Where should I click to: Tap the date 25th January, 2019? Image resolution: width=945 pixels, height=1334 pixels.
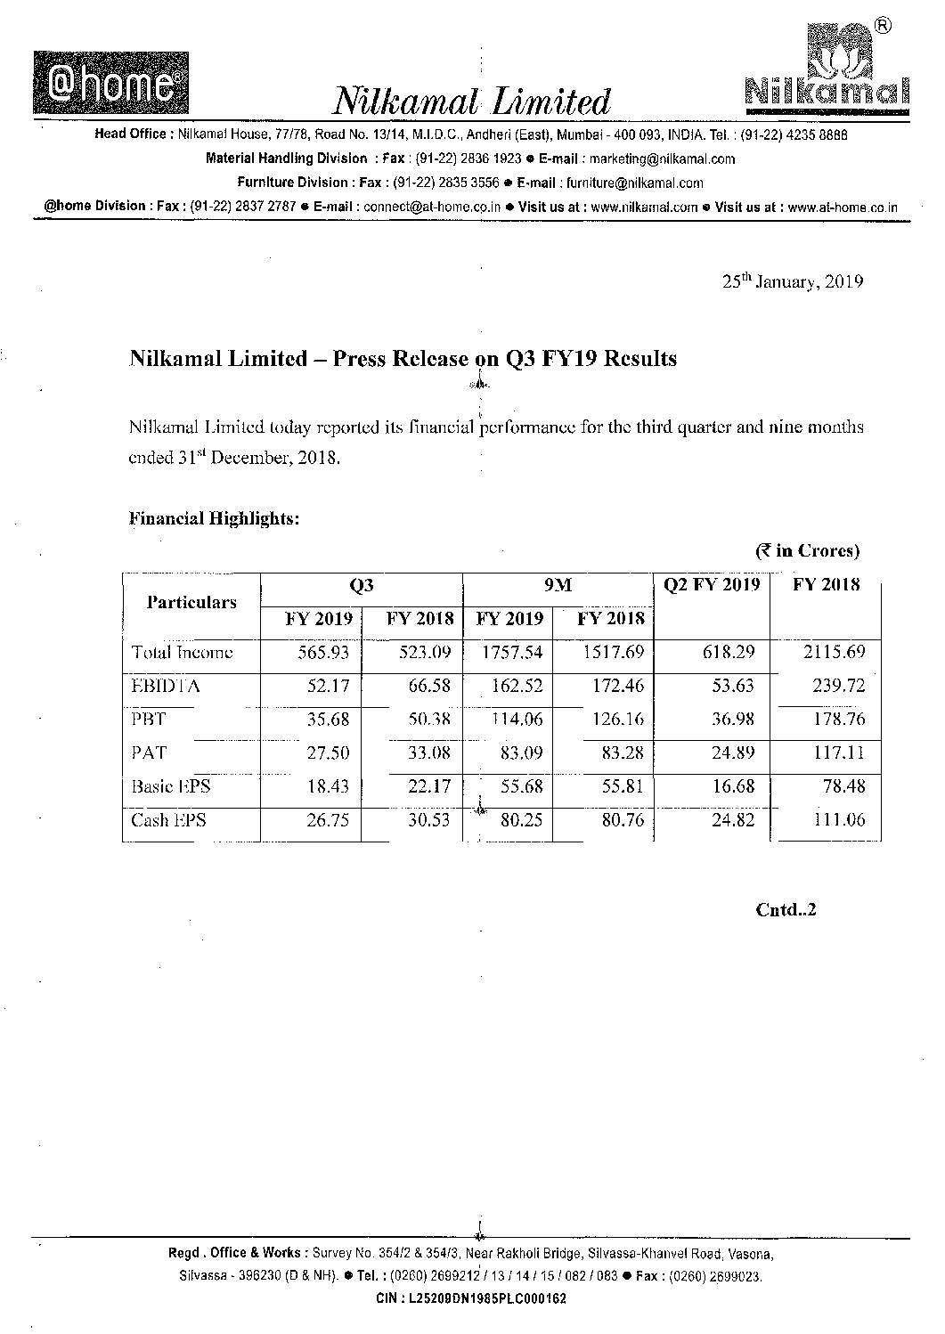[x=792, y=282]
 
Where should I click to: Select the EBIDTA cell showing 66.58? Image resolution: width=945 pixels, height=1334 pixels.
[x=425, y=686]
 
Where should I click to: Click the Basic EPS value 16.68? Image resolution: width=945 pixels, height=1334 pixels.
[x=733, y=786]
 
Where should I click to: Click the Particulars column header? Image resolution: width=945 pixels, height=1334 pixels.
[x=191, y=602]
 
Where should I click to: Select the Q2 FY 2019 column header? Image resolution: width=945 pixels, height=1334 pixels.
[x=712, y=585]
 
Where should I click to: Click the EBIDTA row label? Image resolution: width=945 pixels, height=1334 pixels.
[x=166, y=686]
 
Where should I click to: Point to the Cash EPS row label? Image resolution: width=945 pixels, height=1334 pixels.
[x=168, y=820]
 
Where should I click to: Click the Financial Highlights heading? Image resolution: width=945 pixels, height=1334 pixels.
[x=215, y=518]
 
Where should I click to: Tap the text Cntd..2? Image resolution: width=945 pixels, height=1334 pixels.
[x=786, y=910]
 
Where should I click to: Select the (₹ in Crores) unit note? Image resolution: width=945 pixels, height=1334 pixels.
[x=808, y=551]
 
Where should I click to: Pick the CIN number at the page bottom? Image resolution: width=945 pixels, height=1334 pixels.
[x=471, y=1298]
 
